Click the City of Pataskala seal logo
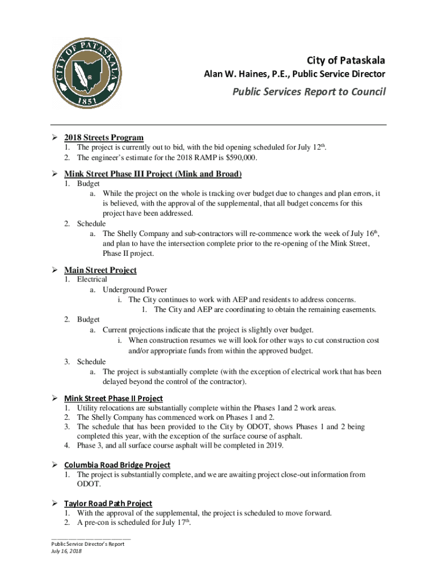tap(83, 73)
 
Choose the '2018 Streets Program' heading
tap(103, 138)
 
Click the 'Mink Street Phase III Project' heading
tap(153, 174)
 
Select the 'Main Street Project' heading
tap(100, 270)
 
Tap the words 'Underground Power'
tap(135, 290)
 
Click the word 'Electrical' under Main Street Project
tap(92, 280)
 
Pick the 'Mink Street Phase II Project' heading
tap(114, 398)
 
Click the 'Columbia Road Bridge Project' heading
tap(117, 465)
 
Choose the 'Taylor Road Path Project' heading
tap(108, 503)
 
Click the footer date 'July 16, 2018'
tap(66, 551)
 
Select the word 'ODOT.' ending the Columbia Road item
tap(89, 485)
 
